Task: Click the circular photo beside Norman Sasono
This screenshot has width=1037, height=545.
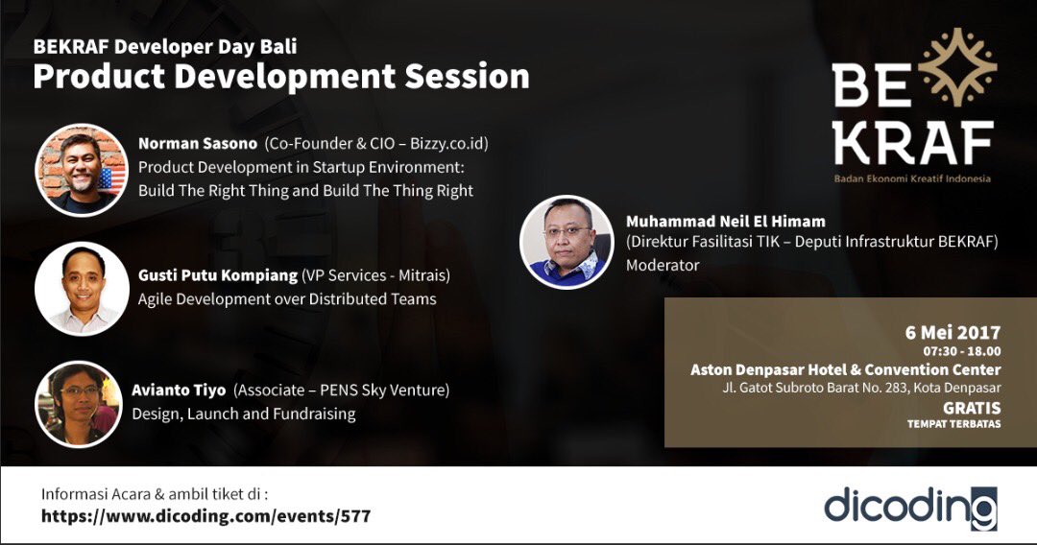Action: coord(82,170)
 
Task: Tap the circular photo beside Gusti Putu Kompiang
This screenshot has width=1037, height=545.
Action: coord(82,288)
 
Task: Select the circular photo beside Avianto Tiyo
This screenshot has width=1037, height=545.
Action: coord(79,404)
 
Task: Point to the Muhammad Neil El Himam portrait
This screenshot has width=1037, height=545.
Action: coord(567,242)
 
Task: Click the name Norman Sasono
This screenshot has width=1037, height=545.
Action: coord(198,144)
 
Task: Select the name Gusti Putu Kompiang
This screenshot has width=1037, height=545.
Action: coord(217,276)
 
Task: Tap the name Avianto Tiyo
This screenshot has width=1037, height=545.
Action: coord(179,391)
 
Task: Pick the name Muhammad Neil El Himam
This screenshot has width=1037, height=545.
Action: coord(725,222)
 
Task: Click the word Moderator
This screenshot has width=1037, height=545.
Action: coord(663,265)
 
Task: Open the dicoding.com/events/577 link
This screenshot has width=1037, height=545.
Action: coord(205,516)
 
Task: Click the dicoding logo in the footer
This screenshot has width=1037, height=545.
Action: coord(909,507)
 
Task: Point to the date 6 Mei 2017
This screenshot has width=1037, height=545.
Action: coord(953,332)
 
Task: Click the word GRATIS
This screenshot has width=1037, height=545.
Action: coord(972,406)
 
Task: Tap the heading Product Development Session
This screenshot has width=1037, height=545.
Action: coord(280,77)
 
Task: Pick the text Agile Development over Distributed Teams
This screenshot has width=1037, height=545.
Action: coord(287,299)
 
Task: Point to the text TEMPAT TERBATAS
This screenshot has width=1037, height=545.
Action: coord(953,423)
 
